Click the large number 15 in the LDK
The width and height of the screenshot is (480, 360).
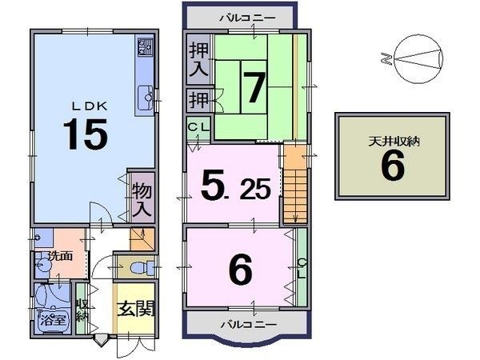pos(86,134)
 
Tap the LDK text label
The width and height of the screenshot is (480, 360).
pos(90,106)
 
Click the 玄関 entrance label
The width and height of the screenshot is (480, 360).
pos(135,309)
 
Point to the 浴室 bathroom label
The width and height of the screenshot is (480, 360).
pos(53,320)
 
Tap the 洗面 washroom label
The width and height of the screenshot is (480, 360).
pos(61,256)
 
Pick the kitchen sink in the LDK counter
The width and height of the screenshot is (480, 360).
pos(145,98)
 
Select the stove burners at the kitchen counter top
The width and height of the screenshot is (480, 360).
pos(145,47)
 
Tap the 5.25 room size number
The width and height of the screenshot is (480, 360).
pos(236,187)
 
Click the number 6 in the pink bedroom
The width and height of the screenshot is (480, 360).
pos(241,269)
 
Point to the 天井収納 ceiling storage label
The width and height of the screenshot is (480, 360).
pos(394,142)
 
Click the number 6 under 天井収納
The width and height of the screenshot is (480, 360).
pos(393,166)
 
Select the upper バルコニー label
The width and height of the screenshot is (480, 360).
pos(247,18)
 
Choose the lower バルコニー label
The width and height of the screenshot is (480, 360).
pos(249,324)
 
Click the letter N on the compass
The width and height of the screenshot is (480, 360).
pos(387,58)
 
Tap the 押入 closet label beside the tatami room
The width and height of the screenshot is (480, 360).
pos(198,59)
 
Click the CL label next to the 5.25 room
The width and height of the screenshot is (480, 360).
pos(198,126)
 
